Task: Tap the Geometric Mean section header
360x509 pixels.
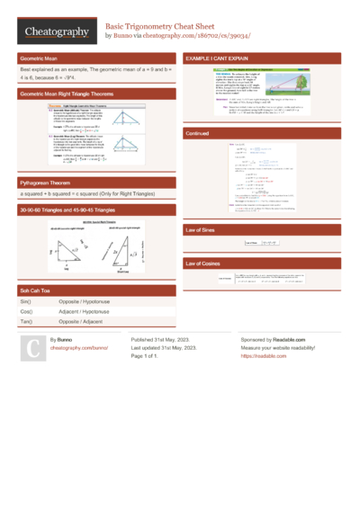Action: (x=40, y=57)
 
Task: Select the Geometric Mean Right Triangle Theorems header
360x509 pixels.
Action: (x=69, y=93)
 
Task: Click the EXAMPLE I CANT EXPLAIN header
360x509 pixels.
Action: (x=222, y=57)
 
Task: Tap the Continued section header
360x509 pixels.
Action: (x=198, y=132)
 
